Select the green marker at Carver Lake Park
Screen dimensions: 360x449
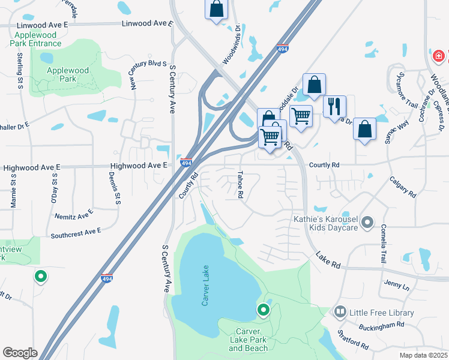(263, 310)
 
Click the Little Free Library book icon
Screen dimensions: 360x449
(340, 312)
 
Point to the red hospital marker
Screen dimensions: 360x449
(439, 56)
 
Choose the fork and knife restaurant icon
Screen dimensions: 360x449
(334, 106)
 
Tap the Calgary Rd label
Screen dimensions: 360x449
(402, 185)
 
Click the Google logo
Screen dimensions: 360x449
(19, 353)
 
